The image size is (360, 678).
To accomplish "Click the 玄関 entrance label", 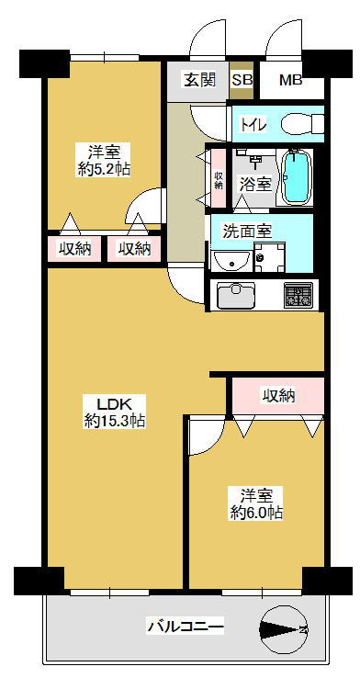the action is [x=199, y=81].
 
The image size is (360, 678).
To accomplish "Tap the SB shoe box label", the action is [x=242, y=81].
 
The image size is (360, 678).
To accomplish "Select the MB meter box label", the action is [x=290, y=81].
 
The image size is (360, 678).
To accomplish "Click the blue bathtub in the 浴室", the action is [x=297, y=176].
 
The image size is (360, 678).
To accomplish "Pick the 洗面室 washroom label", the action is [x=247, y=231].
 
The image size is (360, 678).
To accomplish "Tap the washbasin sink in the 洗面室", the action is [x=231, y=261].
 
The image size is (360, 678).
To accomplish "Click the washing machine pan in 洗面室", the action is [x=269, y=257].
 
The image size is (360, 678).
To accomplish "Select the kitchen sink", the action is [x=236, y=295].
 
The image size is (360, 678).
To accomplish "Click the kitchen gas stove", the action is [x=298, y=295].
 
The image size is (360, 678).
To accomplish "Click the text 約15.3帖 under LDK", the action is [x=115, y=420].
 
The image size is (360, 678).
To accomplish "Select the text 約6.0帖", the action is [x=257, y=513].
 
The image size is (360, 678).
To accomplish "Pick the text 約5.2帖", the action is [x=104, y=169].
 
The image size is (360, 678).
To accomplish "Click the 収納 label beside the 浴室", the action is [x=219, y=179].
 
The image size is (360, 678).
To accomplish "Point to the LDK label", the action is [x=114, y=404].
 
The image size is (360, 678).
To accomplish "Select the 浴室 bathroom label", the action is [x=256, y=185].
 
